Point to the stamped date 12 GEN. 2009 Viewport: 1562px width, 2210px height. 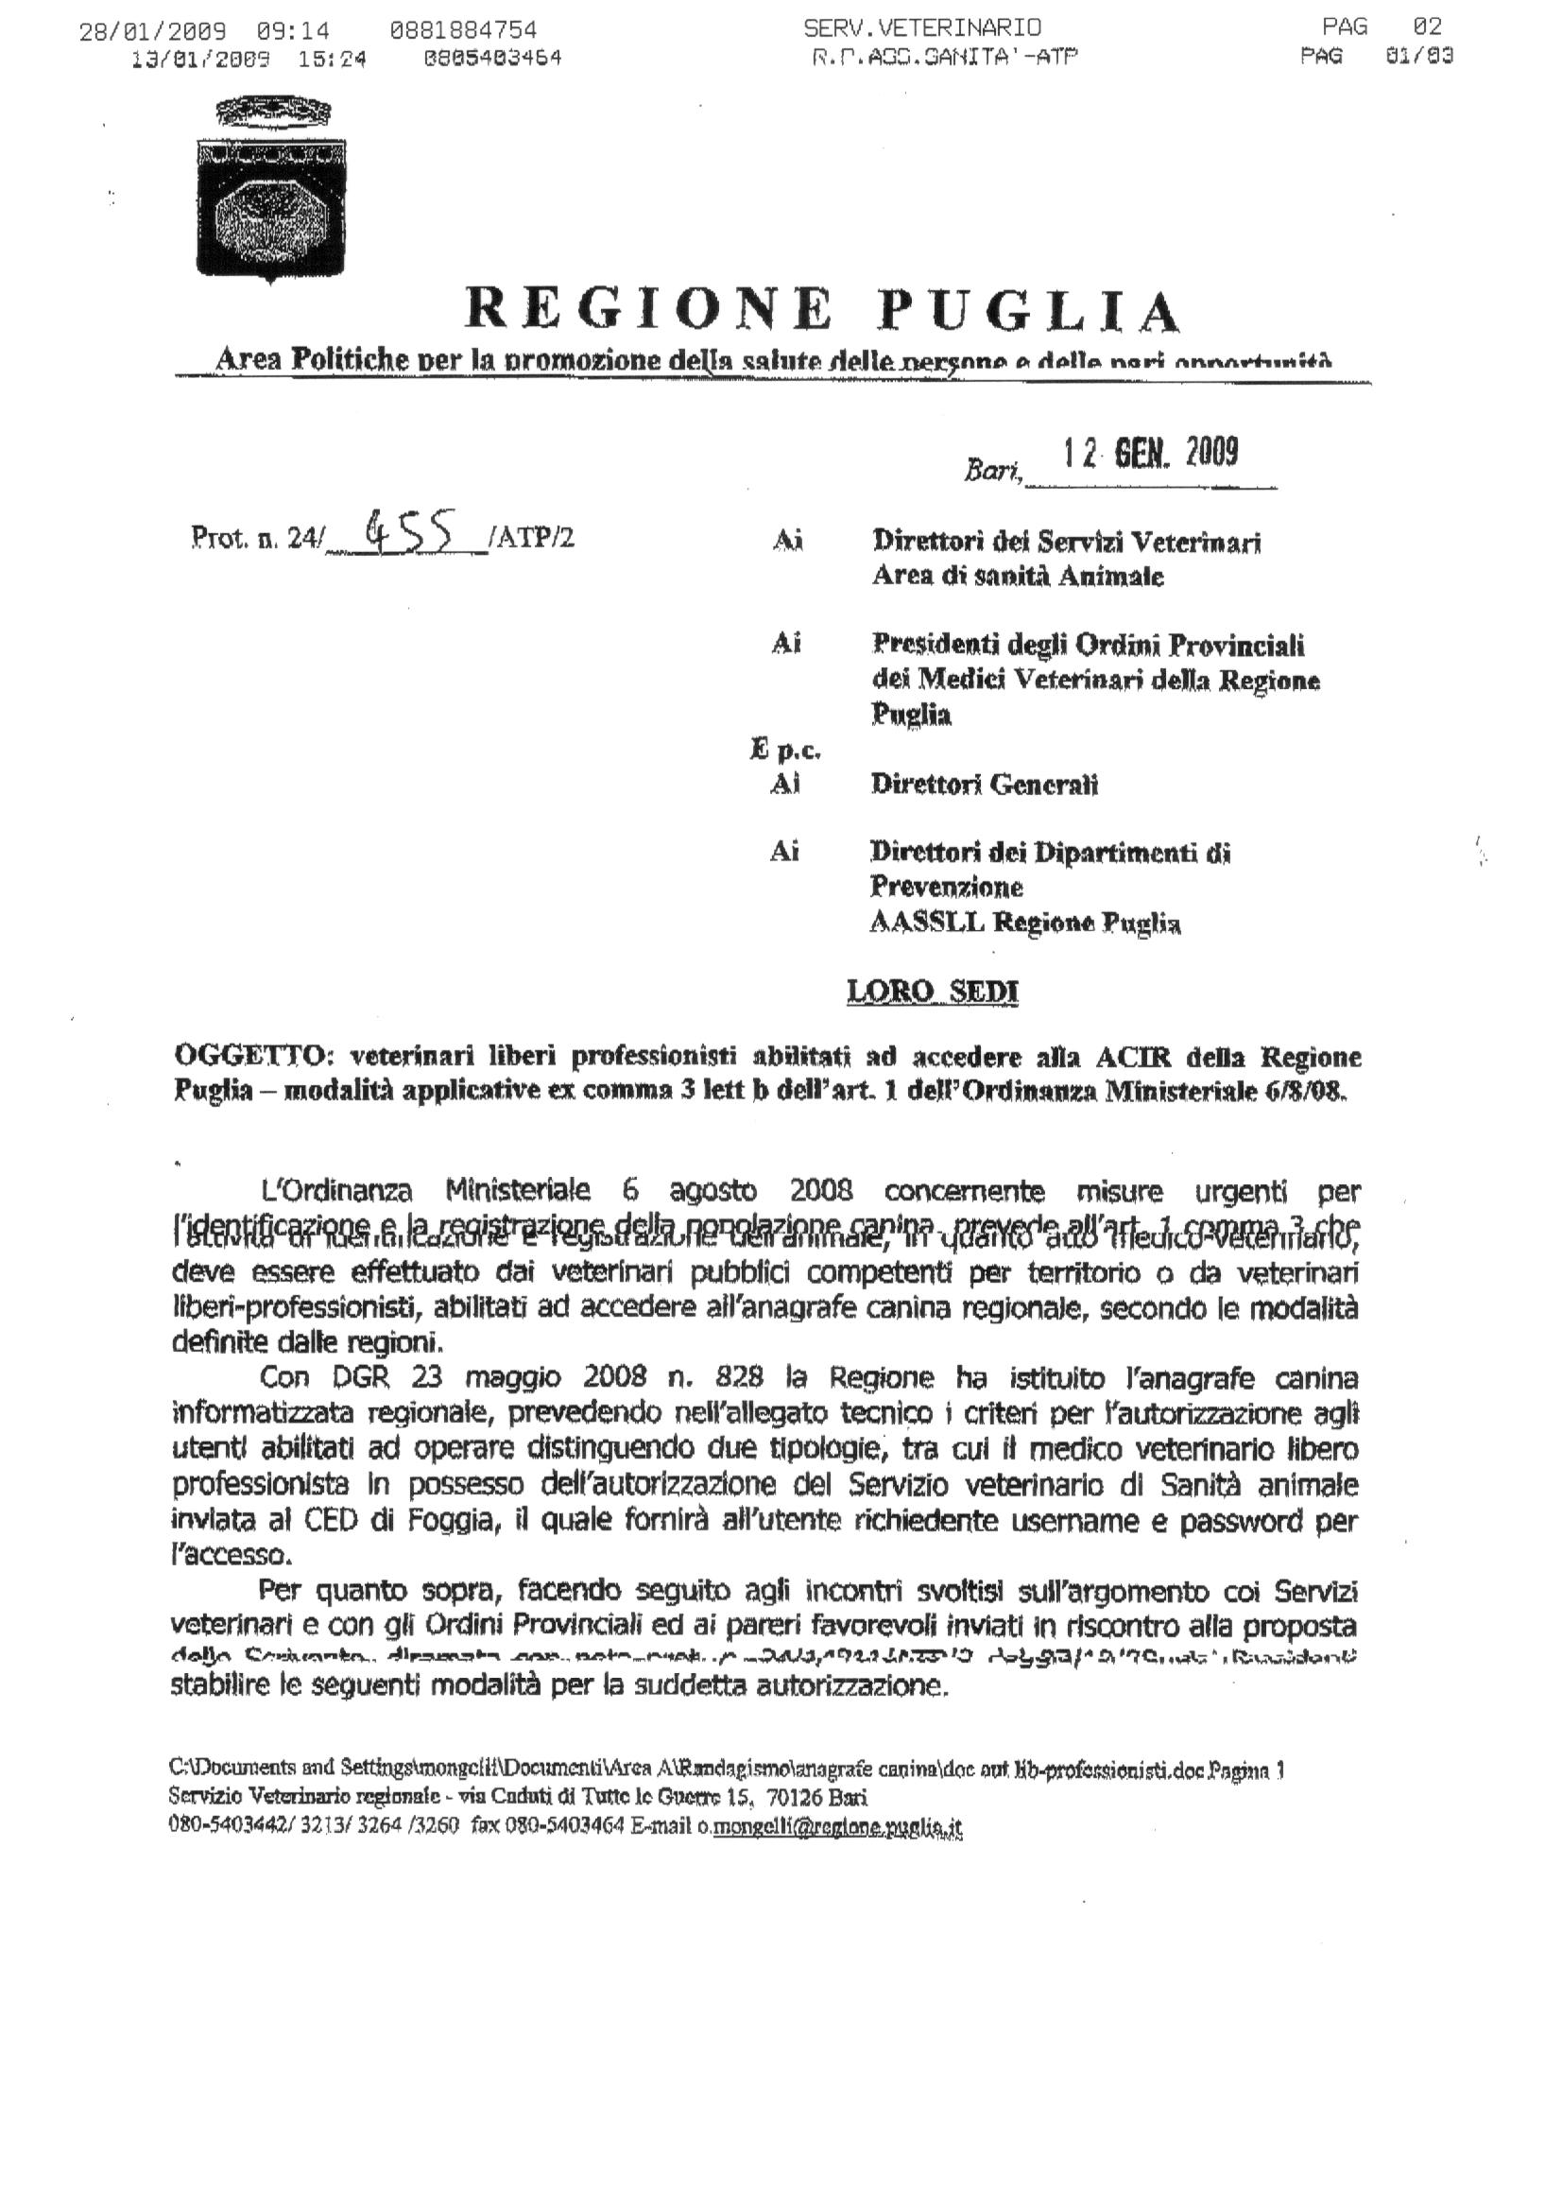tap(1149, 453)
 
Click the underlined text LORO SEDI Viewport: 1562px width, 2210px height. tap(933, 992)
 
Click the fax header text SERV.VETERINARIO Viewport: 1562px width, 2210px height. tap(921, 28)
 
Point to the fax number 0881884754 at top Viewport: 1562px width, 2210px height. tap(464, 30)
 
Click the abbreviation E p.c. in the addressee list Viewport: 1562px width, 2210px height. tap(784, 749)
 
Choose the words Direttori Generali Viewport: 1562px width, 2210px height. tap(984, 785)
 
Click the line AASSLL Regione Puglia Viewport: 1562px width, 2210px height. tap(1025, 924)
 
